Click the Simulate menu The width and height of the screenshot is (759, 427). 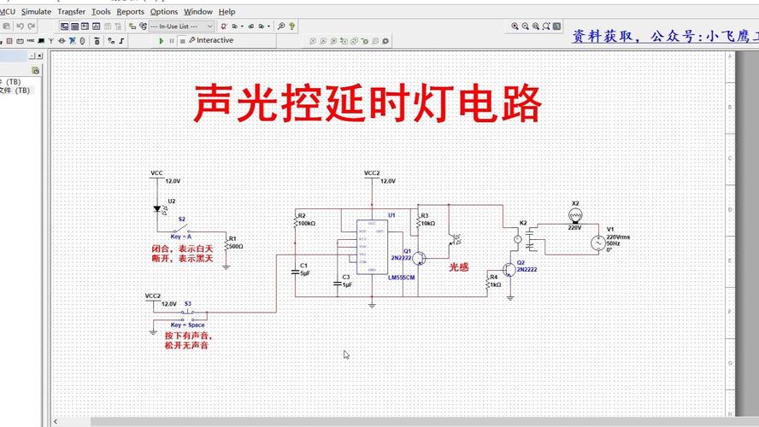[36, 12]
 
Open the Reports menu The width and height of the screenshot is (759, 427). [130, 12]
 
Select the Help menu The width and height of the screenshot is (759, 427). [227, 12]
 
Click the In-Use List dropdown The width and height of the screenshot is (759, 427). [181, 26]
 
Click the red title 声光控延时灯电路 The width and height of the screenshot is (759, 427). [367, 103]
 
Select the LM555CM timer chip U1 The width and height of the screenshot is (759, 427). [374, 248]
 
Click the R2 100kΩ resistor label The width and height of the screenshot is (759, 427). [305, 220]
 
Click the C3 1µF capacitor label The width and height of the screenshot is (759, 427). [346, 281]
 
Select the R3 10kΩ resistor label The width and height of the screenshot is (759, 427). [427, 219]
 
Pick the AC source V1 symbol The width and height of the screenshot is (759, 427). [596, 242]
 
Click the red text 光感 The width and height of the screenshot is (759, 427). [459, 266]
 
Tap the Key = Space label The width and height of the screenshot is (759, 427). [187, 325]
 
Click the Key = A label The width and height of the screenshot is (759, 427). [180, 236]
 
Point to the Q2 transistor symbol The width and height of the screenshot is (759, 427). [509, 270]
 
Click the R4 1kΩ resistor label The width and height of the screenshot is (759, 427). [494, 280]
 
